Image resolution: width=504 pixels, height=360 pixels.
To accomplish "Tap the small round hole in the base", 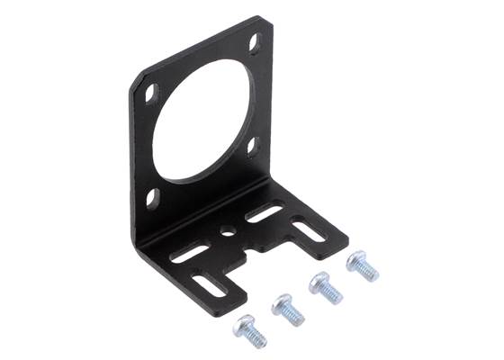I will point(227,230).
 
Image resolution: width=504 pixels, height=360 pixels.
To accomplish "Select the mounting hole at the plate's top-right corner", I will point(255,41).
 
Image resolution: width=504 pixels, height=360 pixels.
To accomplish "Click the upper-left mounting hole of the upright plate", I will point(150,92).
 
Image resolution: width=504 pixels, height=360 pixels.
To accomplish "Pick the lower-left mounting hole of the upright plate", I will point(152,197).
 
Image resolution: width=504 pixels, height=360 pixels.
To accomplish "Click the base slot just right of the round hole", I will point(264,213).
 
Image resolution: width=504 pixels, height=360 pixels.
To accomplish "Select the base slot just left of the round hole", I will point(189,254).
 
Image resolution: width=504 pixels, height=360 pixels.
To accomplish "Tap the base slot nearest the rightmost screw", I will point(308,231).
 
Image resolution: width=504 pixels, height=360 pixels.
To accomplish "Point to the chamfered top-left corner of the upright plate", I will point(135,80).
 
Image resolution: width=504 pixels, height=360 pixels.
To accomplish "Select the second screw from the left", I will point(287,308).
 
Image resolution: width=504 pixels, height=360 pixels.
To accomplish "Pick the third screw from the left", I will point(325,286).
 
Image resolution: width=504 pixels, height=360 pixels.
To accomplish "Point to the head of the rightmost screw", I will point(357,260).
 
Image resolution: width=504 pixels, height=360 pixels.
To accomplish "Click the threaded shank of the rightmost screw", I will point(370,274).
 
